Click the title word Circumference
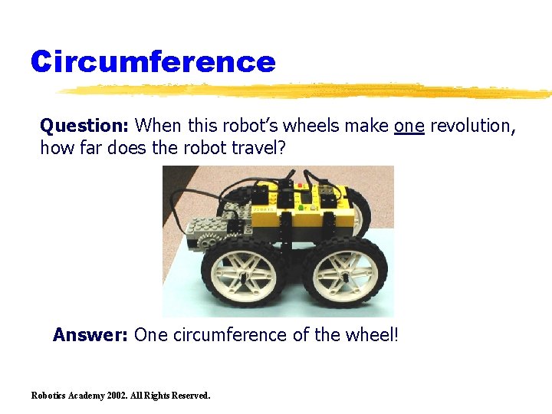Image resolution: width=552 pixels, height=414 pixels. [153, 61]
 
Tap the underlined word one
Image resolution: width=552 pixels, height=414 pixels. [409, 125]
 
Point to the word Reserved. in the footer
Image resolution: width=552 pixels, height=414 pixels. [188, 396]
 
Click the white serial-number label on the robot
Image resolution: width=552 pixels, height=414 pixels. [264, 208]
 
